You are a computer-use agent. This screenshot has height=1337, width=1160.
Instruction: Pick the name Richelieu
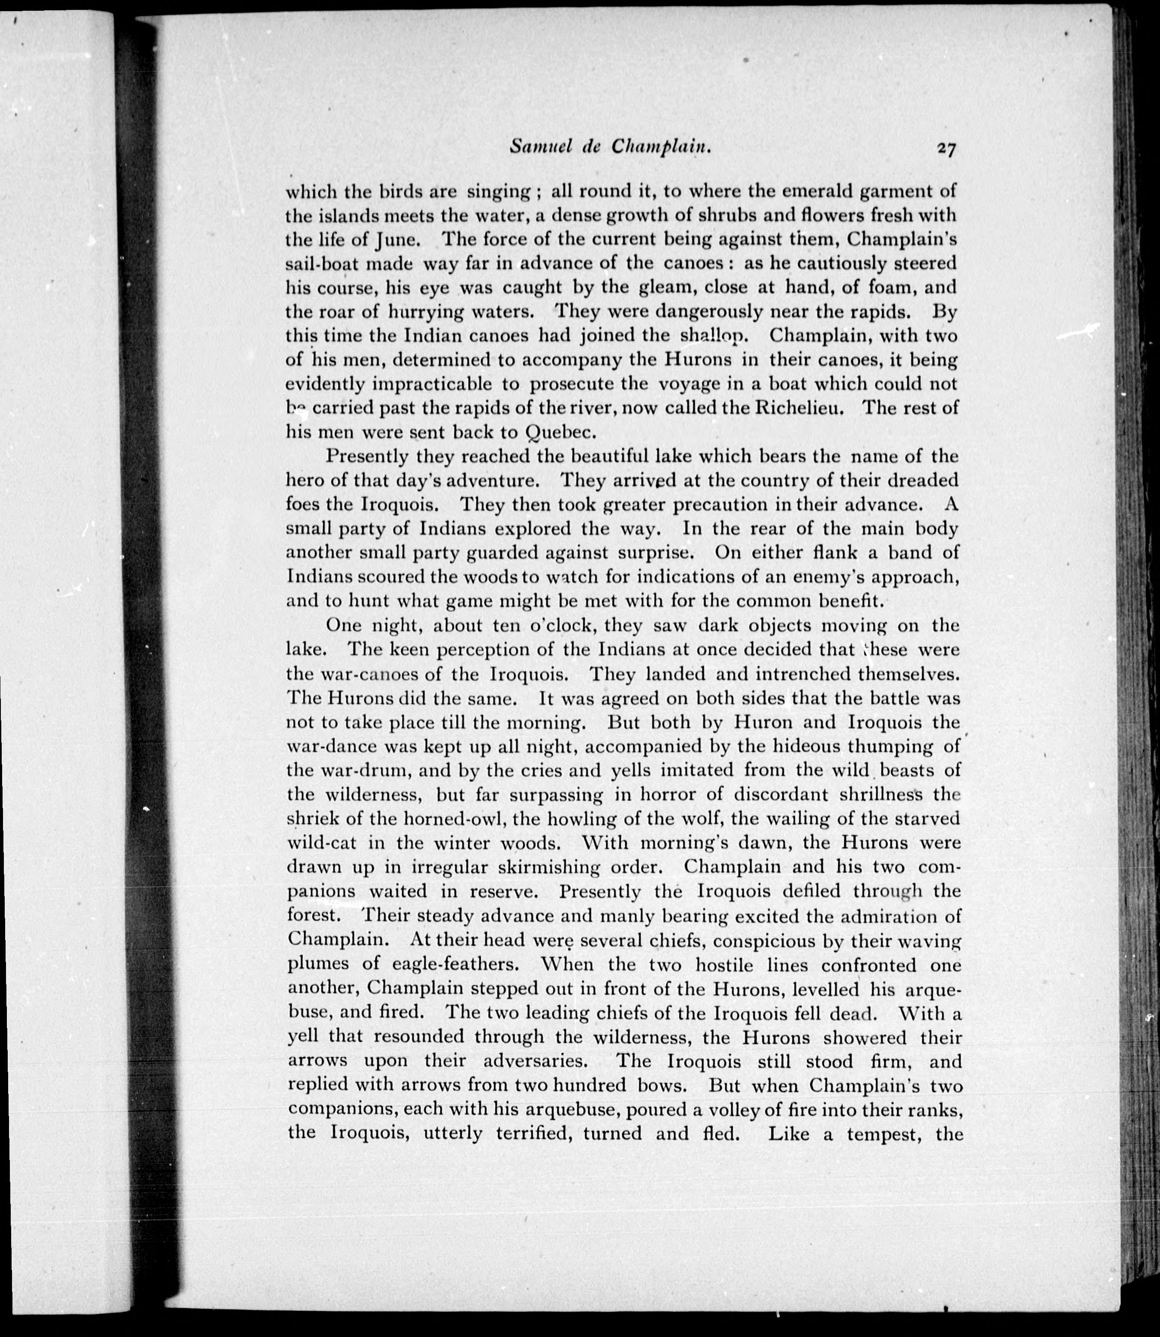click(803, 408)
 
